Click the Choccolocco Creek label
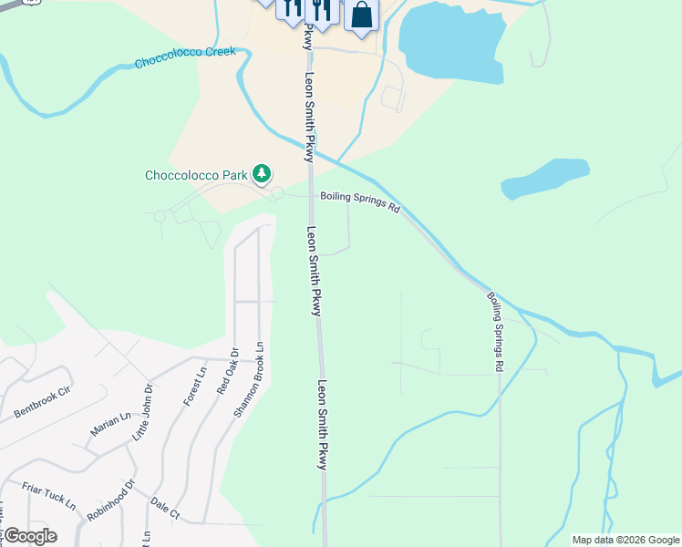click(184, 57)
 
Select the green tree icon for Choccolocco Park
click(262, 172)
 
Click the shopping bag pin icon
click(361, 15)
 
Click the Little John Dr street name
click(142, 412)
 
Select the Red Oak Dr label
click(226, 370)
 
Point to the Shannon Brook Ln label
click(249, 379)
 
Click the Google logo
click(30, 536)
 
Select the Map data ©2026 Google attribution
click(625, 540)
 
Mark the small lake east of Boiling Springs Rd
click(545, 179)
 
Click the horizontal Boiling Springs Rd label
click(359, 201)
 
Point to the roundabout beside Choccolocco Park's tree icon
click(277, 193)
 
